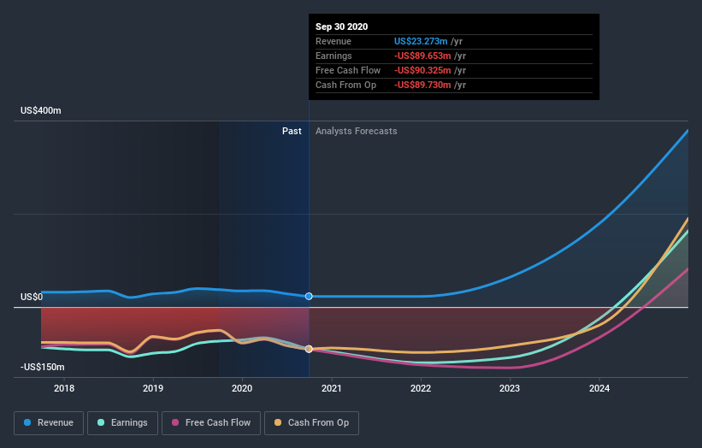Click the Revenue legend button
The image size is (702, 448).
pyautogui.click(x=50, y=422)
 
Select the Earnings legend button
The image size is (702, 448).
pyautogui.click(x=123, y=422)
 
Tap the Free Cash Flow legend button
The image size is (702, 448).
pyautogui.click(x=211, y=422)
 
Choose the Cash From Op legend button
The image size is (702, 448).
pyautogui.click(x=312, y=422)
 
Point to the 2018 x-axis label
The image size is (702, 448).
pyautogui.click(x=64, y=389)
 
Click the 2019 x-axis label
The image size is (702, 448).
pyautogui.click(x=153, y=389)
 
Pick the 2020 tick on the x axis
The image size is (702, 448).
pyautogui.click(x=243, y=389)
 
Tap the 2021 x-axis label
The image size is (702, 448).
pyautogui.click(x=332, y=389)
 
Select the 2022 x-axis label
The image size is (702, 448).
pyautogui.click(x=421, y=389)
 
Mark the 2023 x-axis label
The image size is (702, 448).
pyautogui.click(x=510, y=389)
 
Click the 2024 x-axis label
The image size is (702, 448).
pyautogui.click(x=599, y=389)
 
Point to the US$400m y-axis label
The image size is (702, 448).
pyautogui.click(x=42, y=111)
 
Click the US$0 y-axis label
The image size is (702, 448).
pyautogui.click(x=32, y=298)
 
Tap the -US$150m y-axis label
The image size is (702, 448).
pyautogui.click(x=42, y=367)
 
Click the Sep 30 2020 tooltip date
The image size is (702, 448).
pyautogui.click(x=341, y=27)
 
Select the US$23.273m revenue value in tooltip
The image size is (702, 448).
pyautogui.click(x=422, y=41)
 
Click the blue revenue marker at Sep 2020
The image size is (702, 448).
pyautogui.click(x=309, y=296)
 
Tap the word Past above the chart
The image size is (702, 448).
pyautogui.click(x=292, y=131)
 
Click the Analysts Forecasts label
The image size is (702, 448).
pyautogui.click(x=356, y=131)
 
